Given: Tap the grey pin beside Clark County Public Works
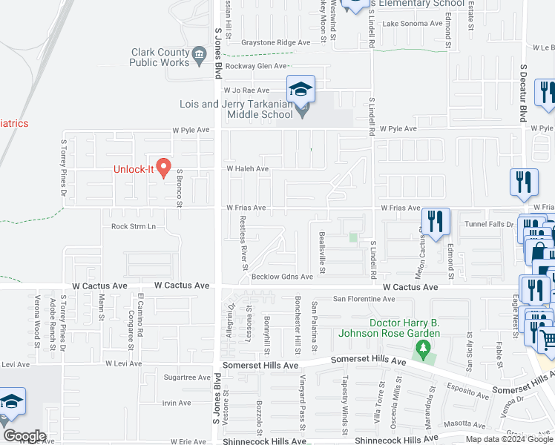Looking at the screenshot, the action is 199,54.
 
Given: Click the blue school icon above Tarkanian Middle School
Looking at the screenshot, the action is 301,90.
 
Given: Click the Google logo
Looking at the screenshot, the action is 24,436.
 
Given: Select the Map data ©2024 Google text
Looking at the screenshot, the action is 509,439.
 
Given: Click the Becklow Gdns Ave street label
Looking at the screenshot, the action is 283,276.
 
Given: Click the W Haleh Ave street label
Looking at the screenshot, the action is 247,169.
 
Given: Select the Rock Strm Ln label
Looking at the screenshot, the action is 134,226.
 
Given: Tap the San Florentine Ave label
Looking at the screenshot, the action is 364,299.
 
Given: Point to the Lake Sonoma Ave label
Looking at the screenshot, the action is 412,24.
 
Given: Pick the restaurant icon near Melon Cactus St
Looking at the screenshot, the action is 436,221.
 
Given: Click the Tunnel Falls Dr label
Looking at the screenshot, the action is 489,224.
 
